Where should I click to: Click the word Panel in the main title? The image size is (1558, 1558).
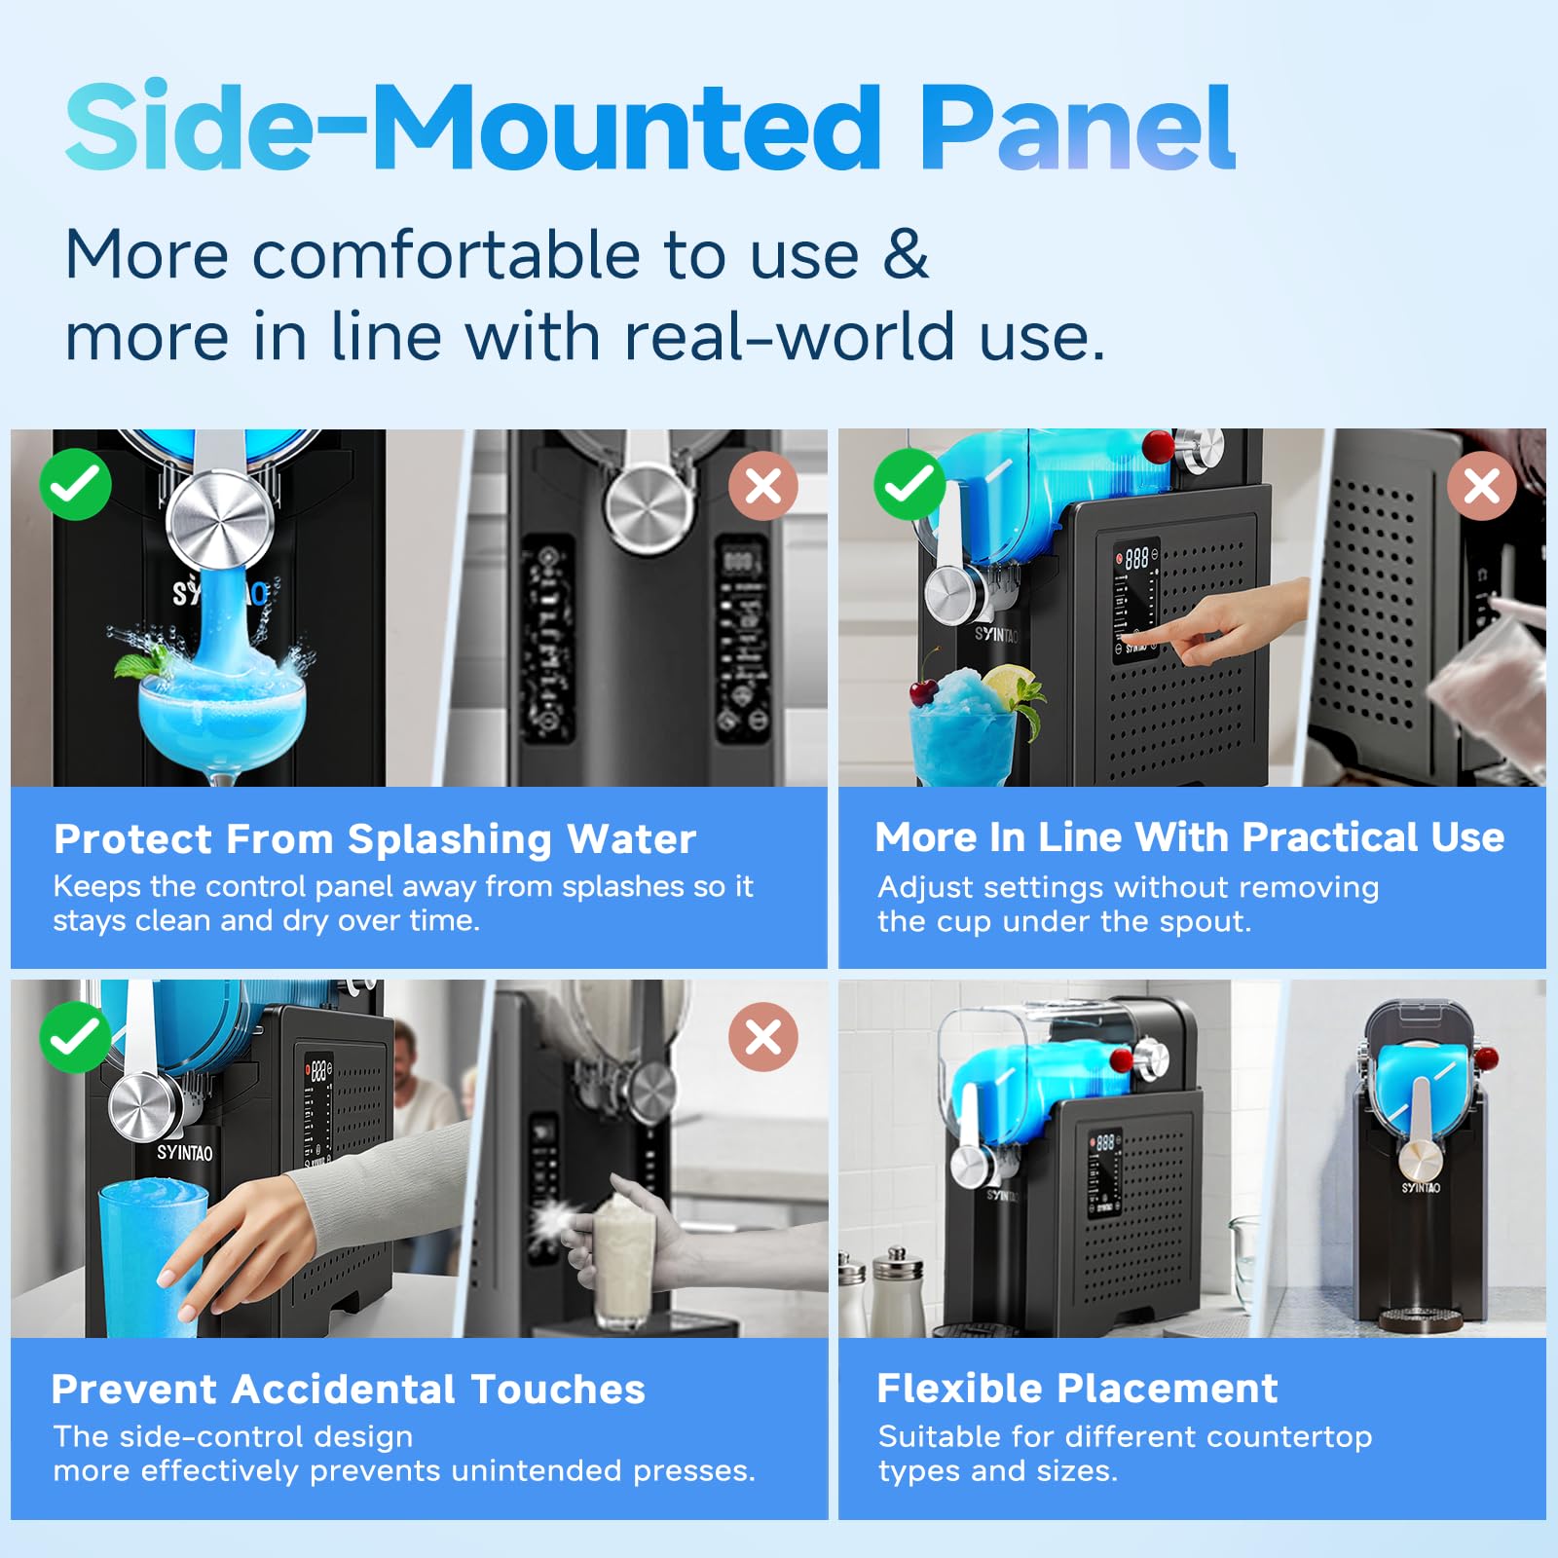[1077, 127]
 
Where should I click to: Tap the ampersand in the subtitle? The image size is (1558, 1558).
[906, 254]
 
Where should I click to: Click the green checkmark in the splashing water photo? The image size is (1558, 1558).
[75, 484]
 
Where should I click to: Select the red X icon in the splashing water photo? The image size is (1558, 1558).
[763, 485]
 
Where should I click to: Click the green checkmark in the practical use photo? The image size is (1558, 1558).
[909, 484]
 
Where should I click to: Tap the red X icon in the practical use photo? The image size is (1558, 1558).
[1481, 485]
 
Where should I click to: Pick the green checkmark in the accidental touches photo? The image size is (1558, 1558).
[75, 1036]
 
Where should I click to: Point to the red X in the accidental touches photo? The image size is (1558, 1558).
[763, 1037]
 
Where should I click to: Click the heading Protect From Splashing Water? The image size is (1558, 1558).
[375, 839]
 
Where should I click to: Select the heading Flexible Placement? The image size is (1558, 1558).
[1077, 1389]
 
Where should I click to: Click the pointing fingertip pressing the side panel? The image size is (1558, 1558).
[1131, 641]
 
